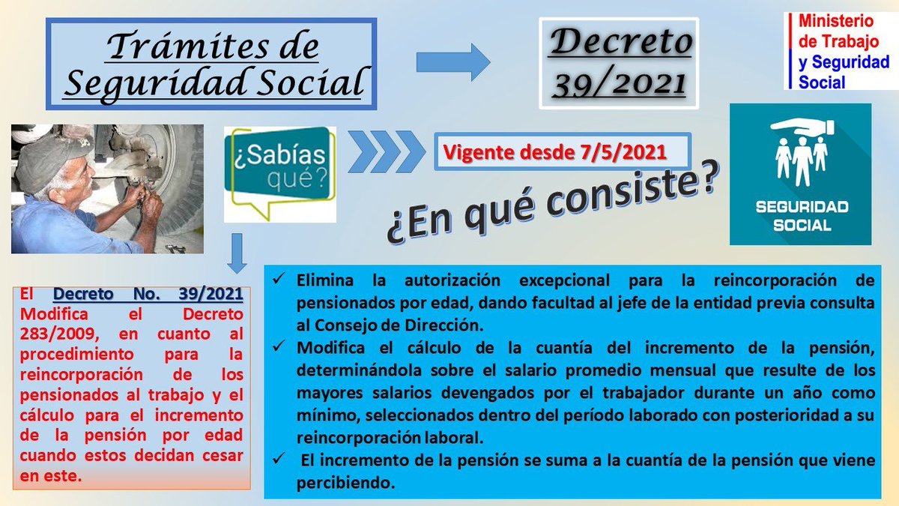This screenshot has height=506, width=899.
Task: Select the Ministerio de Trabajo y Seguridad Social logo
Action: [838, 51]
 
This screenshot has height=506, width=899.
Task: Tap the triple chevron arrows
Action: [384, 152]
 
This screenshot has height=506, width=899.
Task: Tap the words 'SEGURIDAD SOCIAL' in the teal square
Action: [800, 216]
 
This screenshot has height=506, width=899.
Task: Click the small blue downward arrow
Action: [237, 253]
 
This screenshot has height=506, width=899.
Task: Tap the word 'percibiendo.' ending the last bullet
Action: [345, 484]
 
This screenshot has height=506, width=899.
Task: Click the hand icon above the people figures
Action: [800, 124]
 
